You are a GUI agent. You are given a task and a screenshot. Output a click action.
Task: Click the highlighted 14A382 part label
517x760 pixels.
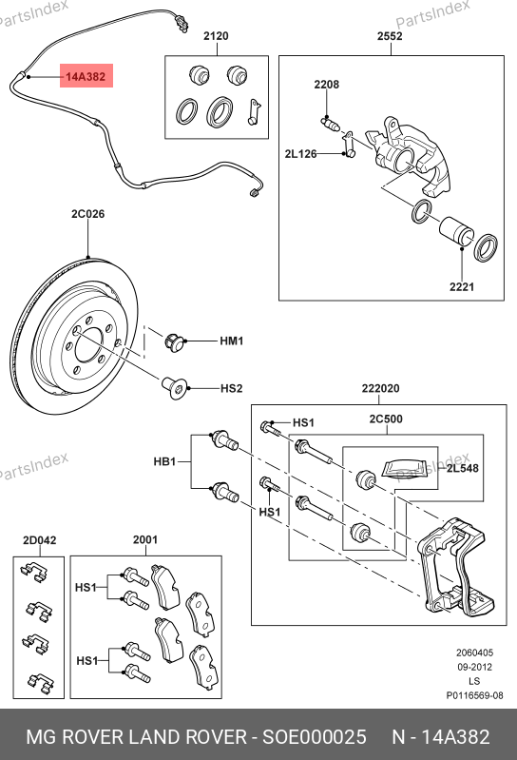coord(86,76)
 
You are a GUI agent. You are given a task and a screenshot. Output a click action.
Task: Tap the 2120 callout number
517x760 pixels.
coord(216,36)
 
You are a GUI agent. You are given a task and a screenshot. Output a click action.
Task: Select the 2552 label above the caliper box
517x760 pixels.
coord(391,36)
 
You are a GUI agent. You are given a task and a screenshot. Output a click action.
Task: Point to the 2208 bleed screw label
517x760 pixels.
coord(327,85)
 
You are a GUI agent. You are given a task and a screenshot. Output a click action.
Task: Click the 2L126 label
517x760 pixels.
coord(300,154)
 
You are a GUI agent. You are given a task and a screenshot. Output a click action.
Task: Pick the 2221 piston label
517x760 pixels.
coord(462,287)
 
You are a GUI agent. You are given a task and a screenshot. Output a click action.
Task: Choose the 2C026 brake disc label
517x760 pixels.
coord(87,214)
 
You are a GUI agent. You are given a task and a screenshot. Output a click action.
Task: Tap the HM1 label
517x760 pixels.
coord(231,341)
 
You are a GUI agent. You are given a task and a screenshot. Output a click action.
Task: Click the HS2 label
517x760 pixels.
coord(231,389)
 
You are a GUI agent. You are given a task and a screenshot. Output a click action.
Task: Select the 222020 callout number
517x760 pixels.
coord(380,388)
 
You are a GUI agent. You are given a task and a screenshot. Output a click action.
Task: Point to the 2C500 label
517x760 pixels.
coord(386,419)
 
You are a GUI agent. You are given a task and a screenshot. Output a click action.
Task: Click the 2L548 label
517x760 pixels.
coord(462,468)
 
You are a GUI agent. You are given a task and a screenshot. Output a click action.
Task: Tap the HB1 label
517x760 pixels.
coord(164,461)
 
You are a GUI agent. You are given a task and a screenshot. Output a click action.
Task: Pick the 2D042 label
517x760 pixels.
coord(40,540)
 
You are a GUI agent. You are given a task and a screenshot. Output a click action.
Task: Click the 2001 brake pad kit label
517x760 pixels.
coord(145,539)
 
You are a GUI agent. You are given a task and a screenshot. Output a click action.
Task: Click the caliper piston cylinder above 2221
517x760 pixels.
coord(456,231)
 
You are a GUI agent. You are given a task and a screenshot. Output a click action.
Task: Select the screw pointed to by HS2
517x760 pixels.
coord(174,388)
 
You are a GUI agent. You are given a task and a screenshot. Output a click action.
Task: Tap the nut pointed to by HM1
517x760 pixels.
coord(175,342)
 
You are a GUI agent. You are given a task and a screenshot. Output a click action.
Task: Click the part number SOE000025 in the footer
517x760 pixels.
coord(315,737)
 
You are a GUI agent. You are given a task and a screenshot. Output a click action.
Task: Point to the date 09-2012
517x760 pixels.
coord(474,667)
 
